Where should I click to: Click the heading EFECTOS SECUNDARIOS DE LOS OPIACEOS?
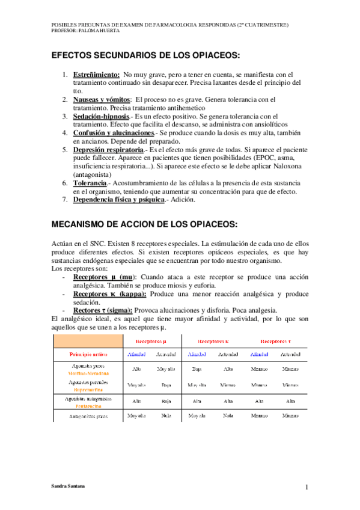145,55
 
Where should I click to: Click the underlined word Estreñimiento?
96,74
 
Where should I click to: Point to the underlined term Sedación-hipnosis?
101,115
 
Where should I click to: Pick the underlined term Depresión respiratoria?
109,149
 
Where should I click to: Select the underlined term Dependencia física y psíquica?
118,200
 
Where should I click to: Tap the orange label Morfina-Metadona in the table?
88,373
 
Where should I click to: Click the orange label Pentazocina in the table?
88,406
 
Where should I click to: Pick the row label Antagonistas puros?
88,416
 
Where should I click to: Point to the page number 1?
306,487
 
